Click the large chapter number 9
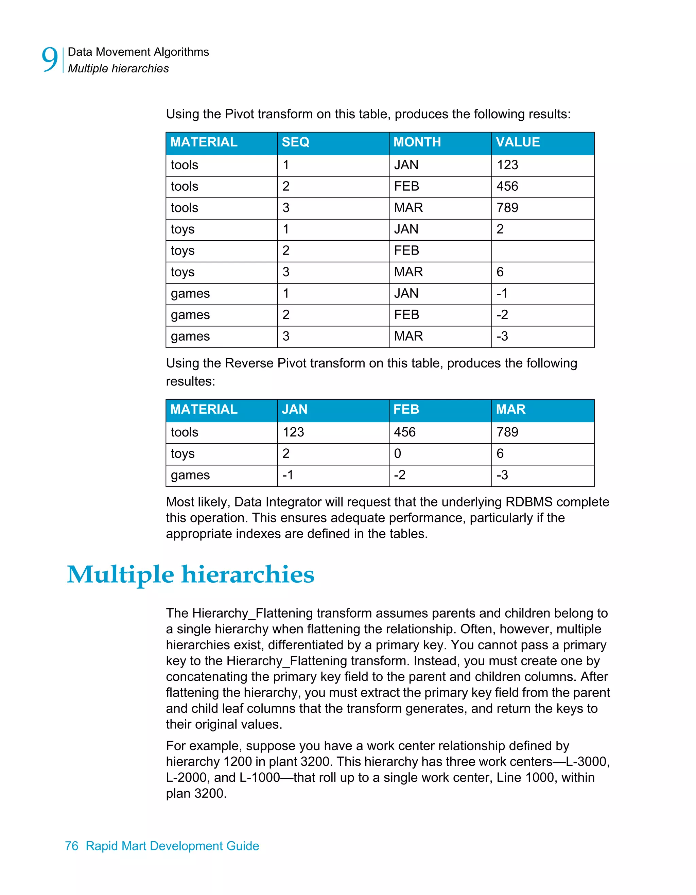pos(50,60)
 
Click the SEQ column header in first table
pos(295,142)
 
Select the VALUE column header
pos(518,142)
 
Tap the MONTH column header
pos(417,142)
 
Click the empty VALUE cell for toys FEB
pos(542,251)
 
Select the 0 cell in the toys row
pos(397,454)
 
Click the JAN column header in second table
pos(295,409)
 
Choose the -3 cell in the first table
pos(502,337)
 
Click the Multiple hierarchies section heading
pos(191,574)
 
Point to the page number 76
pos(72,846)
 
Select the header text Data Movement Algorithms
pos(138,52)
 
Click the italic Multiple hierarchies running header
pos(118,68)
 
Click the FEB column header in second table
pos(406,409)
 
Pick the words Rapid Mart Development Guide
pos(172,846)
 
